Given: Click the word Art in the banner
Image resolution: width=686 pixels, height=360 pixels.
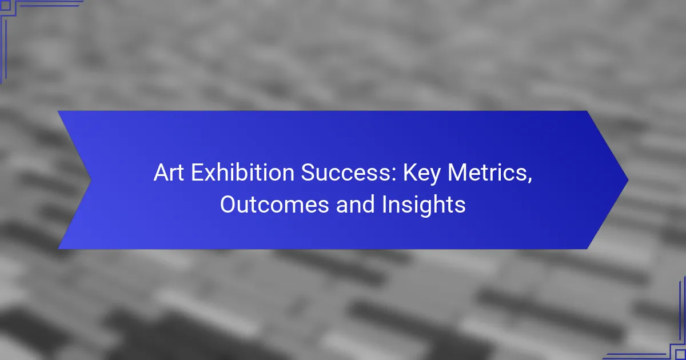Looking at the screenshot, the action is pyautogui.click(x=169, y=173).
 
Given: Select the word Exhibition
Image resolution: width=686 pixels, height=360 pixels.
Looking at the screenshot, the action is pyautogui.click(x=243, y=173).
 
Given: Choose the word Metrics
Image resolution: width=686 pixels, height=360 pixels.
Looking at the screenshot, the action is pyautogui.click(x=488, y=173).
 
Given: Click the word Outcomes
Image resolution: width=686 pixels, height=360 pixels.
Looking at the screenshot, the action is pyautogui.click(x=274, y=205).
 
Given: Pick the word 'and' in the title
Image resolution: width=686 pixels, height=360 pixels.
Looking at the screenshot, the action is pyautogui.click(x=355, y=204).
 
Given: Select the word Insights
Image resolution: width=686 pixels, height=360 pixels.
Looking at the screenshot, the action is pyautogui.click(x=424, y=206).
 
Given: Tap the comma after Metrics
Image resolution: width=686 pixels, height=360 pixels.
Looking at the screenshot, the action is pyautogui.click(x=530, y=180).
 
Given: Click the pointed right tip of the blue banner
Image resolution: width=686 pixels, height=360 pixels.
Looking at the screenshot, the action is pyautogui.click(x=628, y=180).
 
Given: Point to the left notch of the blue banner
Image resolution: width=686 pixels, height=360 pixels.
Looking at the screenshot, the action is pyautogui.click(x=91, y=180).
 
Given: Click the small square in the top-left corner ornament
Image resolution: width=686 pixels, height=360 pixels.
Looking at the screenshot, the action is pyautogui.click(x=5, y=5).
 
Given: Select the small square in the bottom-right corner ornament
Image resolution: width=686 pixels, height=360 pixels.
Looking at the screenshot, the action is pyautogui.click(x=680, y=354).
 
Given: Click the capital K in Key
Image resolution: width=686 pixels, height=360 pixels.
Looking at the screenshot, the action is pyautogui.click(x=410, y=173).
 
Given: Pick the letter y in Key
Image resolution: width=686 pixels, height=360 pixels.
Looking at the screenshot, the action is pyautogui.click(x=435, y=178).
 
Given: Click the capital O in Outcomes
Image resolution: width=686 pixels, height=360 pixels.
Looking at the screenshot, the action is pyautogui.click(x=228, y=205).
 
